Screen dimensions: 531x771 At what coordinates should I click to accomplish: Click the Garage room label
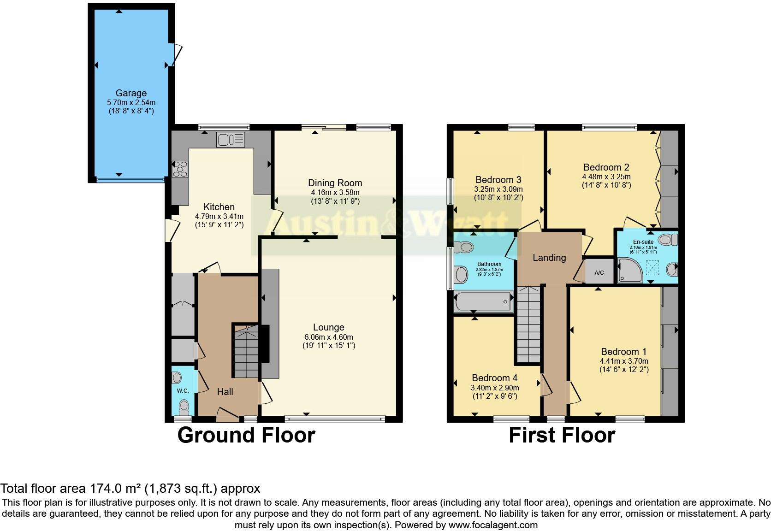[131, 93]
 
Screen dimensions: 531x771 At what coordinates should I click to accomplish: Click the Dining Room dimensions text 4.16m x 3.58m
[335, 192]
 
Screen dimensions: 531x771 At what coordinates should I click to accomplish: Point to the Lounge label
[328, 327]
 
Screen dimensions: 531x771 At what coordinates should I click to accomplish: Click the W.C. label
[183, 391]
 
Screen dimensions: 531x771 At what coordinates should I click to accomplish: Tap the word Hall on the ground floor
[225, 392]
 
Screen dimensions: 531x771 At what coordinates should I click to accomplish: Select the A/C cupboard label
[599, 273]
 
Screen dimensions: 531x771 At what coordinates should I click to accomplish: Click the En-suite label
[643, 242]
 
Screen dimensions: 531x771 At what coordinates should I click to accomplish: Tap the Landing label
[549, 258]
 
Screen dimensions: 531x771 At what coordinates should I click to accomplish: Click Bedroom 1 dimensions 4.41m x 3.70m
[624, 361]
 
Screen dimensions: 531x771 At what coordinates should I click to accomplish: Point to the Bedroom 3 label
[498, 180]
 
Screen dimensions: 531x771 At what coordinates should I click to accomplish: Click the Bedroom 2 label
[606, 167]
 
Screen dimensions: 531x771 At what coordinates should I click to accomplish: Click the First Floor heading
[562, 435]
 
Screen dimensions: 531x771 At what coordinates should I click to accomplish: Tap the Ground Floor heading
[246, 435]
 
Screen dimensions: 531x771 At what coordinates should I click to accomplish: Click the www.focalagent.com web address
[492, 525]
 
